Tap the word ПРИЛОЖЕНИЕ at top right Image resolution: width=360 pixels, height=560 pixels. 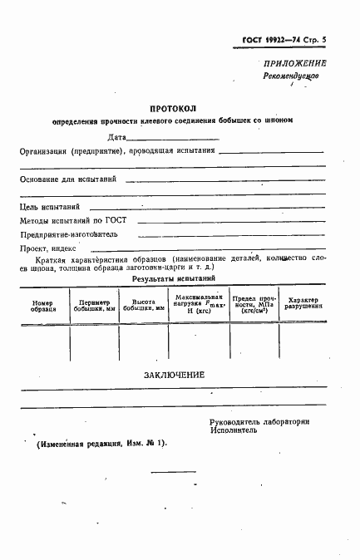point(294,63)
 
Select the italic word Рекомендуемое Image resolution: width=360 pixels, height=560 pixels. point(291,75)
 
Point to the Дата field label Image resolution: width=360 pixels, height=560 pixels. point(117,136)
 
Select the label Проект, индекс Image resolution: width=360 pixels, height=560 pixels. point(48,248)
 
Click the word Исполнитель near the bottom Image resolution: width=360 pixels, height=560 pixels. point(235,432)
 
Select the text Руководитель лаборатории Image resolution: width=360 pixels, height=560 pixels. point(259,422)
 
